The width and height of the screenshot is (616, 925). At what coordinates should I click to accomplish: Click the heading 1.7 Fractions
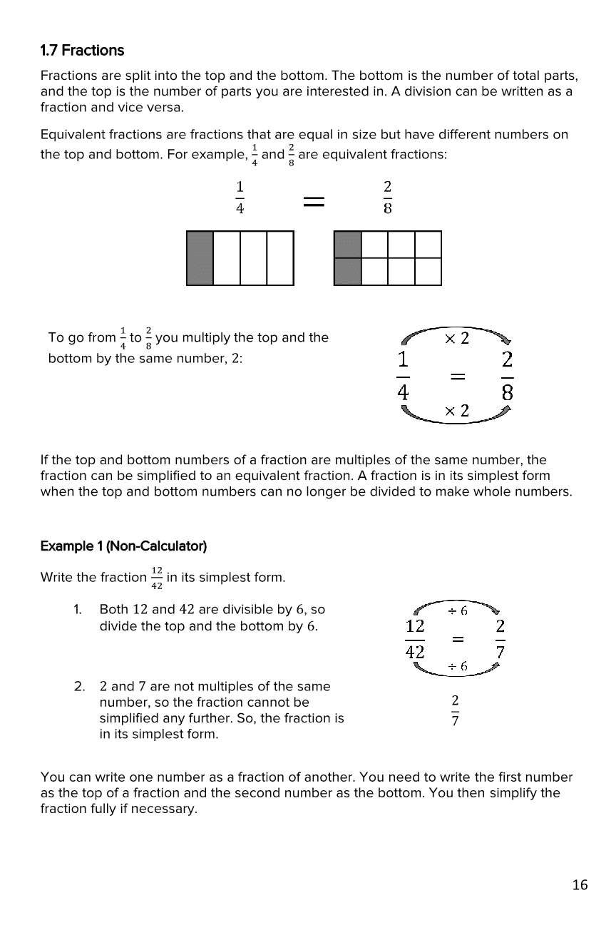pyautogui.click(x=82, y=51)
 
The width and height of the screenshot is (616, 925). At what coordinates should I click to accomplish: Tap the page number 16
pyautogui.click(x=580, y=885)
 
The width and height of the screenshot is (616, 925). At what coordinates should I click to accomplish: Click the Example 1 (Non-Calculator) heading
pyautogui.click(x=123, y=546)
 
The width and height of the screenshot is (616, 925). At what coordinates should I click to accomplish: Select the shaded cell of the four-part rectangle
pyautogui.click(x=200, y=258)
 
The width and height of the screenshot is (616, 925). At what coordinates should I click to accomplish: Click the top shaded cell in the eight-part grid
pyautogui.click(x=348, y=245)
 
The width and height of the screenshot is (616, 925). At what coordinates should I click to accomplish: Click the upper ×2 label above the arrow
pyautogui.click(x=457, y=338)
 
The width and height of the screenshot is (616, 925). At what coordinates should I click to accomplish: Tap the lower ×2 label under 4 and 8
pyautogui.click(x=457, y=410)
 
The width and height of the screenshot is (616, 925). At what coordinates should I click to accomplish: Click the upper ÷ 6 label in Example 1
pyautogui.click(x=457, y=610)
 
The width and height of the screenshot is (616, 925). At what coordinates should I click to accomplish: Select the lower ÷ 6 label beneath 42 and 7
pyautogui.click(x=457, y=666)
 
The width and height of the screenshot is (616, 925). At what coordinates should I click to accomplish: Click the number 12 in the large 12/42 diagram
pyautogui.click(x=415, y=626)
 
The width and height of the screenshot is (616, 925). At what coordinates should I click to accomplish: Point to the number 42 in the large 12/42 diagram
pyautogui.click(x=415, y=652)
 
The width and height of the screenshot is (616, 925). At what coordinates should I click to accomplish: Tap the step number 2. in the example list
pyautogui.click(x=80, y=687)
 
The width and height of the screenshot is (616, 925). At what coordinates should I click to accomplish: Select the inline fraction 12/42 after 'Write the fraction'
pyautogui.click(x=156, y=578)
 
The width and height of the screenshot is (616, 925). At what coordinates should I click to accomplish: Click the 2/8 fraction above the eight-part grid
pyautogui.click(x=387, y=197)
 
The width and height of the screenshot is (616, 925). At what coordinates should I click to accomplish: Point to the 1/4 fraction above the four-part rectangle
pyautogui.click(x=240, y=197)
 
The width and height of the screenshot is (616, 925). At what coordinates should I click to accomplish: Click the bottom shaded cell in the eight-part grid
pyautogui.click(x=348, y=272)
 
